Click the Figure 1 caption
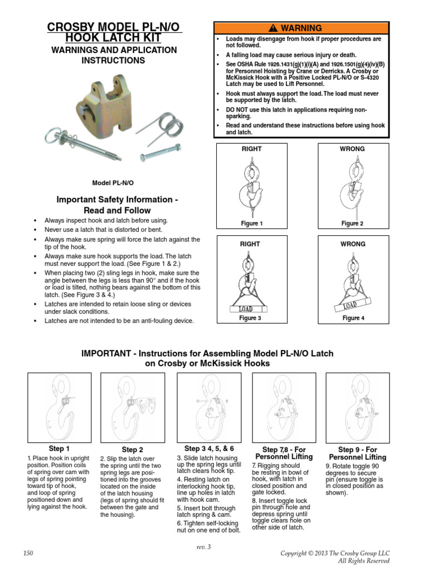point(251,224)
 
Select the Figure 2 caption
point(352,224)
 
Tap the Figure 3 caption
point(251,318)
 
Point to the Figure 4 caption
point(352,318)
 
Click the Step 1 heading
point(59,449)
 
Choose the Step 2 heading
point(132,449)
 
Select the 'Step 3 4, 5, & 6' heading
point(209,448)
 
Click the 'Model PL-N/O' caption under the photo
point(113,182)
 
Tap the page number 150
point(29,553)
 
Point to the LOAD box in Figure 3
point(246,309)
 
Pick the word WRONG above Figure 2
point(352,149)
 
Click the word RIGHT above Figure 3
point(251,244)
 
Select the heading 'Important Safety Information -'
point(116,200)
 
